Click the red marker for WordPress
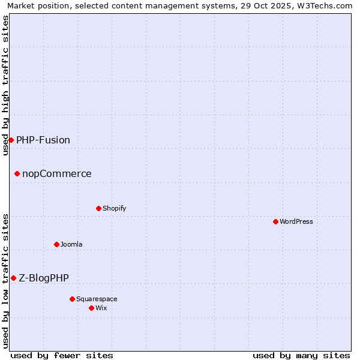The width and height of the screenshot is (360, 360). [x=275, y=221]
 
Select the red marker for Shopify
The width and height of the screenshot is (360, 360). [x=98, y=208]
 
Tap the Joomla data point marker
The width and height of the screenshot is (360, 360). [x=56, y=244]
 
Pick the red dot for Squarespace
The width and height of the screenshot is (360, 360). [x=72, y=299]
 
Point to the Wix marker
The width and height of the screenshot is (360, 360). [x=91, y=308]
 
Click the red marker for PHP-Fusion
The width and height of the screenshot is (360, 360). [x=11, y=140]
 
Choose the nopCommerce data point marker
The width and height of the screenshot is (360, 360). [x=17, y=174]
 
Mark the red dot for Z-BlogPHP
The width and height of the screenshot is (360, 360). [x=13, y=278]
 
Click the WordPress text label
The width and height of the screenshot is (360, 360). [x=296, y=221]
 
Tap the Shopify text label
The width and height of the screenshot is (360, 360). [x=115, y=208]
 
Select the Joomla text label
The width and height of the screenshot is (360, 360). [x=71, y=244]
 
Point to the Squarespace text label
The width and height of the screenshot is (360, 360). [x=97, y=299]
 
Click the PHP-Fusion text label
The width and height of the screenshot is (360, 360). [x=43, y=140]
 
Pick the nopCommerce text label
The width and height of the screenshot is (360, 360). [x=57, y=174]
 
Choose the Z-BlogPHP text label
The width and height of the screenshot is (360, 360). [x=44, y=278]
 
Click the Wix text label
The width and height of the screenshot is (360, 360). [x=101, y=308]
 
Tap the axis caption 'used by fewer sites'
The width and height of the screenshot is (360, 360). [x=62, y=355]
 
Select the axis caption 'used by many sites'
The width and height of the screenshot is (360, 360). [x=301, y=355]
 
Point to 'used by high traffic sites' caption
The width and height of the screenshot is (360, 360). [x=5, y=85]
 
